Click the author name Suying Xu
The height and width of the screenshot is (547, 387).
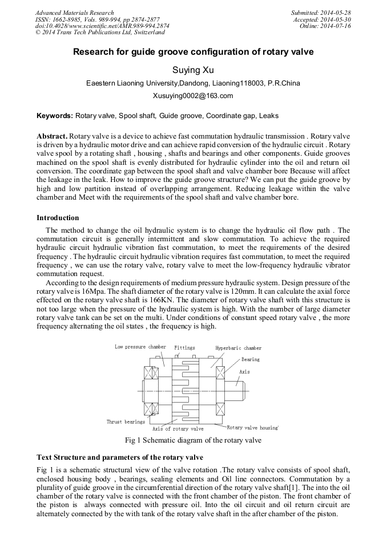[x=193, y=71]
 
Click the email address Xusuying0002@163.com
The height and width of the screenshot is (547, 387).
[x=193, y=96]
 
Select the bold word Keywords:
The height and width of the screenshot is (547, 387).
[x=55, y=116]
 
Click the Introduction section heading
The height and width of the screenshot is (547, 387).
[x=58, y=218]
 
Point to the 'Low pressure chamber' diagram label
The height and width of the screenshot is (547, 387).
[x=140, y=347]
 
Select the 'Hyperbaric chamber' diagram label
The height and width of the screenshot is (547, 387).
[x=238, y=347]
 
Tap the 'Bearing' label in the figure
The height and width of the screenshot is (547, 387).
[x=250, y=360]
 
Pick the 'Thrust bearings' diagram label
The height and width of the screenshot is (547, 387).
[x=126, y=422]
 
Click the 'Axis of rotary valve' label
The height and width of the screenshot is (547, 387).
[x=178, y=429]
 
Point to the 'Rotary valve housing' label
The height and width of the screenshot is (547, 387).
[x=252, y=427]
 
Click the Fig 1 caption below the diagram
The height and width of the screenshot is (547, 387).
[x=193, y=440]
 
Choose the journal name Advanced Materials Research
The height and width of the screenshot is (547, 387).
[x=74, y=13]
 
